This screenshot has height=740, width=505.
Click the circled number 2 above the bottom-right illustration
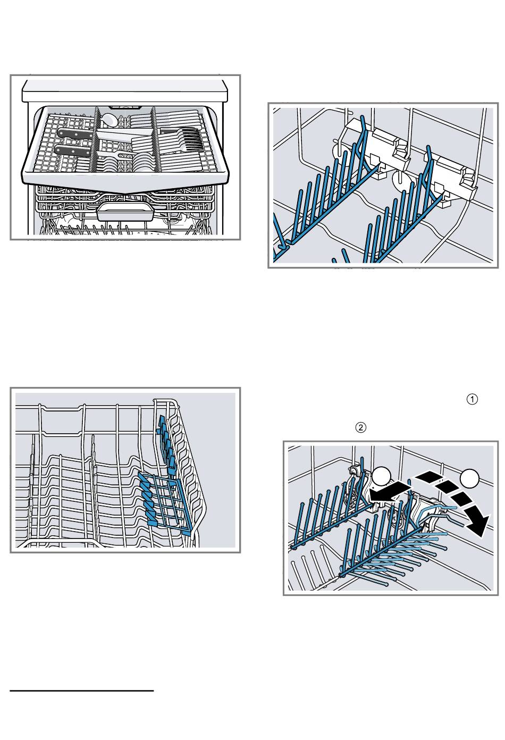pos(361,427)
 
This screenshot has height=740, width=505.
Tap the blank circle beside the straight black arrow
pos(381,476)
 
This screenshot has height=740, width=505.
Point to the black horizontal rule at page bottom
pos(82,691)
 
